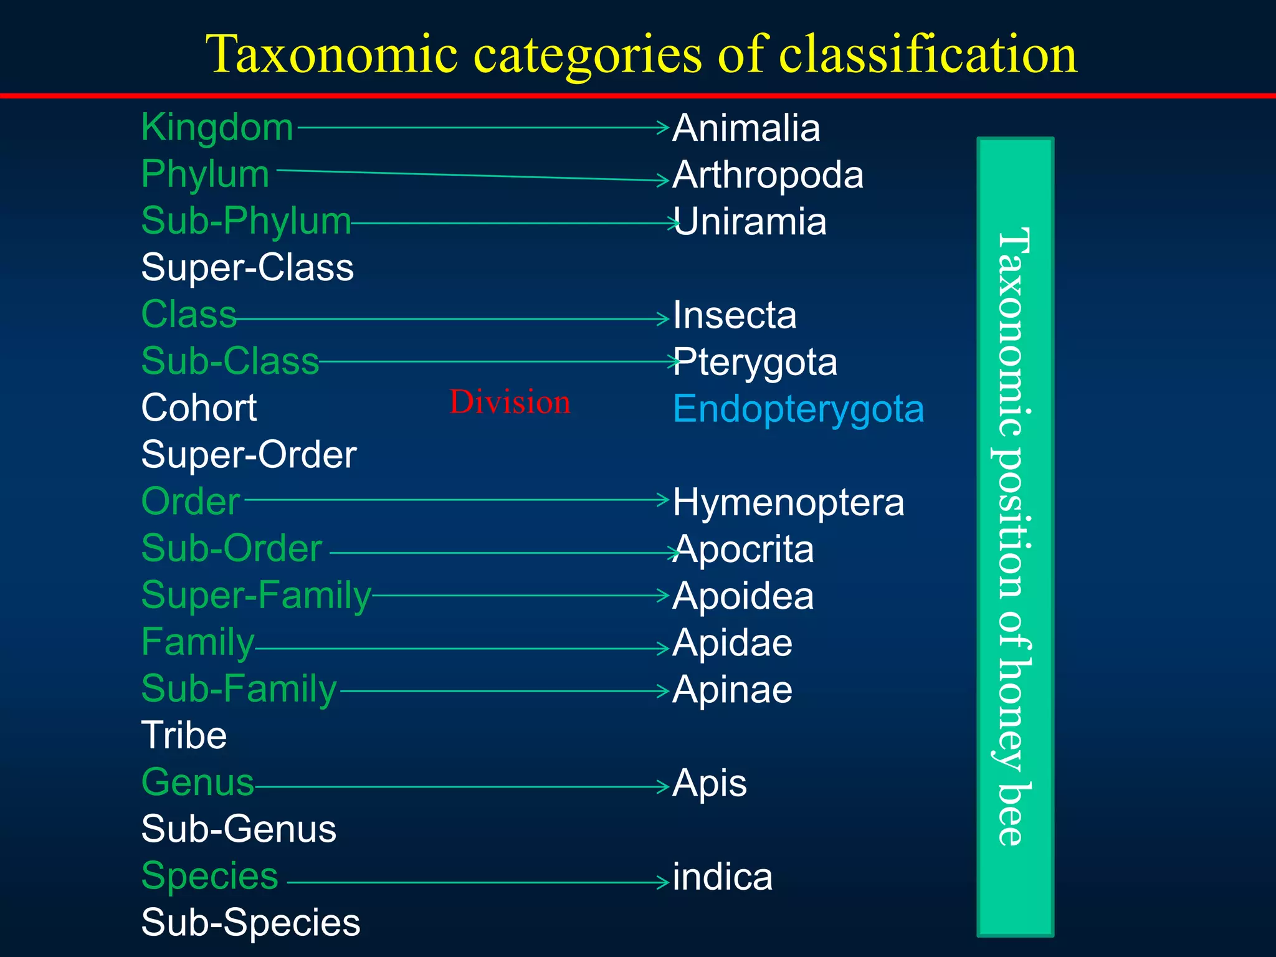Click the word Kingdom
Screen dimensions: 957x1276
click(217, 128)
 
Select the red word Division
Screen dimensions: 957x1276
click(510, 402)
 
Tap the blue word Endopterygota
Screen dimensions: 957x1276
click(798, 409)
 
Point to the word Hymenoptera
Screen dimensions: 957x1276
click(788, 502)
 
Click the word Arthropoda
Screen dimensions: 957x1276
click(768, 175)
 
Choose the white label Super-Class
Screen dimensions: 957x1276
click(247, 268)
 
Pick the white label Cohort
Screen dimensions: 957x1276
click(199, 408)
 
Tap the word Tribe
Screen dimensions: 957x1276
click(184, 736)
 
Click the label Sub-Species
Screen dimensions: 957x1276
click(250, 923)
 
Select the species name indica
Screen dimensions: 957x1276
click(723, 877)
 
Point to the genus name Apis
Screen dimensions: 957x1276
click(710, 783)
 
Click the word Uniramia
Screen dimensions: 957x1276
click(750, 222)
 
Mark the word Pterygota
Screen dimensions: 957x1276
click(755, 363)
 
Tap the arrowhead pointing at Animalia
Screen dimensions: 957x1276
click(664, 128)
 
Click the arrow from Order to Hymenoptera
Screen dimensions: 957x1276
click(455, 500)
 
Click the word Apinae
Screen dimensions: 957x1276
click(733, 690)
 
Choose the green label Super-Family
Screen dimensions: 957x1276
click(256, 595)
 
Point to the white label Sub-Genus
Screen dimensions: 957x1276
click(239, 829)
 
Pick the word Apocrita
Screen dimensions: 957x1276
click(743, 550)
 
